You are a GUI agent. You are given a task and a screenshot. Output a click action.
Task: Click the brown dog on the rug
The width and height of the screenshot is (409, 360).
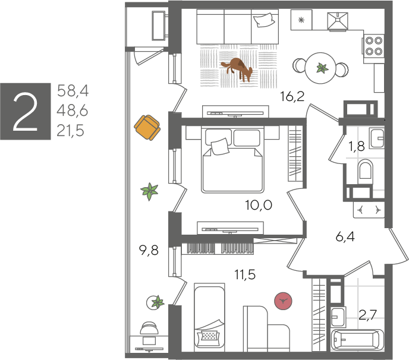[x=237, y=69]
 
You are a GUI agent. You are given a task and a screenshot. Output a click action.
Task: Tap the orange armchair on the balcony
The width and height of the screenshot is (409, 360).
[x=147, y=128]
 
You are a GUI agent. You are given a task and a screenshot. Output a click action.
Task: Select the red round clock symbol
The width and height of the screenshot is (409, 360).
[x=283, y=301]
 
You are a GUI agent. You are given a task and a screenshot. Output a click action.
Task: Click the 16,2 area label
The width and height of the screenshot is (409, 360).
[x=292, y=96]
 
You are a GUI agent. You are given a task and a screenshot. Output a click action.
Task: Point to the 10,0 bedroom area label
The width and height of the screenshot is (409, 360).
[x=259, y=205]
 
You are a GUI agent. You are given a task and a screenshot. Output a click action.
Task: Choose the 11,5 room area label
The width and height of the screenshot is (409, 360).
[x=245, y=274]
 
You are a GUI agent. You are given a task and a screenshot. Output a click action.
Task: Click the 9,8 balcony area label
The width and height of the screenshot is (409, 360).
[x=149, y=251]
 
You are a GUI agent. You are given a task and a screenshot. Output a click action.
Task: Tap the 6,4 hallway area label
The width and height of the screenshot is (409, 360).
[x=345, y=236]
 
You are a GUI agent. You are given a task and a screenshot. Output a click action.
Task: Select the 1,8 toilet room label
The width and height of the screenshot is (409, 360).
[x=357, y=147]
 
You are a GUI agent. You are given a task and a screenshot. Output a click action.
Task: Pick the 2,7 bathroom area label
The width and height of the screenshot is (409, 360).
[x=368, y=315]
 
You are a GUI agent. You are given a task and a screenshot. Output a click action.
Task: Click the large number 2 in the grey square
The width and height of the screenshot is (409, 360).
[x=26, y=112]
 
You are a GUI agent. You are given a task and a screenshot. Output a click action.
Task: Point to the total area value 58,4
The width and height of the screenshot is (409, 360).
[x=73, y=91]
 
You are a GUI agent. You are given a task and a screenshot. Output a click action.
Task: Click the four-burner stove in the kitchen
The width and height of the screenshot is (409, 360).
[x=373, y=46]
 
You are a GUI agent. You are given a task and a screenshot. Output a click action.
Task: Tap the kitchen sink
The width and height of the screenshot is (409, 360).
[x=338, y=21]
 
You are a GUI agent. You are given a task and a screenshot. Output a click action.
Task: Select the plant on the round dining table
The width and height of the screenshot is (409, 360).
[x=322, y=68]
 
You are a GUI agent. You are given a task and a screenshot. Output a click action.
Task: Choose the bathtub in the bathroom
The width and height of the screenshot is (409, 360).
[x=357, y=339]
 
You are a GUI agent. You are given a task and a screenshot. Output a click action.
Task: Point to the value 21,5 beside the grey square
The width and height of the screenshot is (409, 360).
[x=70, y=131]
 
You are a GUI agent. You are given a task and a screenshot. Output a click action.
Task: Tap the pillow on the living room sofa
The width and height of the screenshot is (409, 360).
[x=264, y=20]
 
